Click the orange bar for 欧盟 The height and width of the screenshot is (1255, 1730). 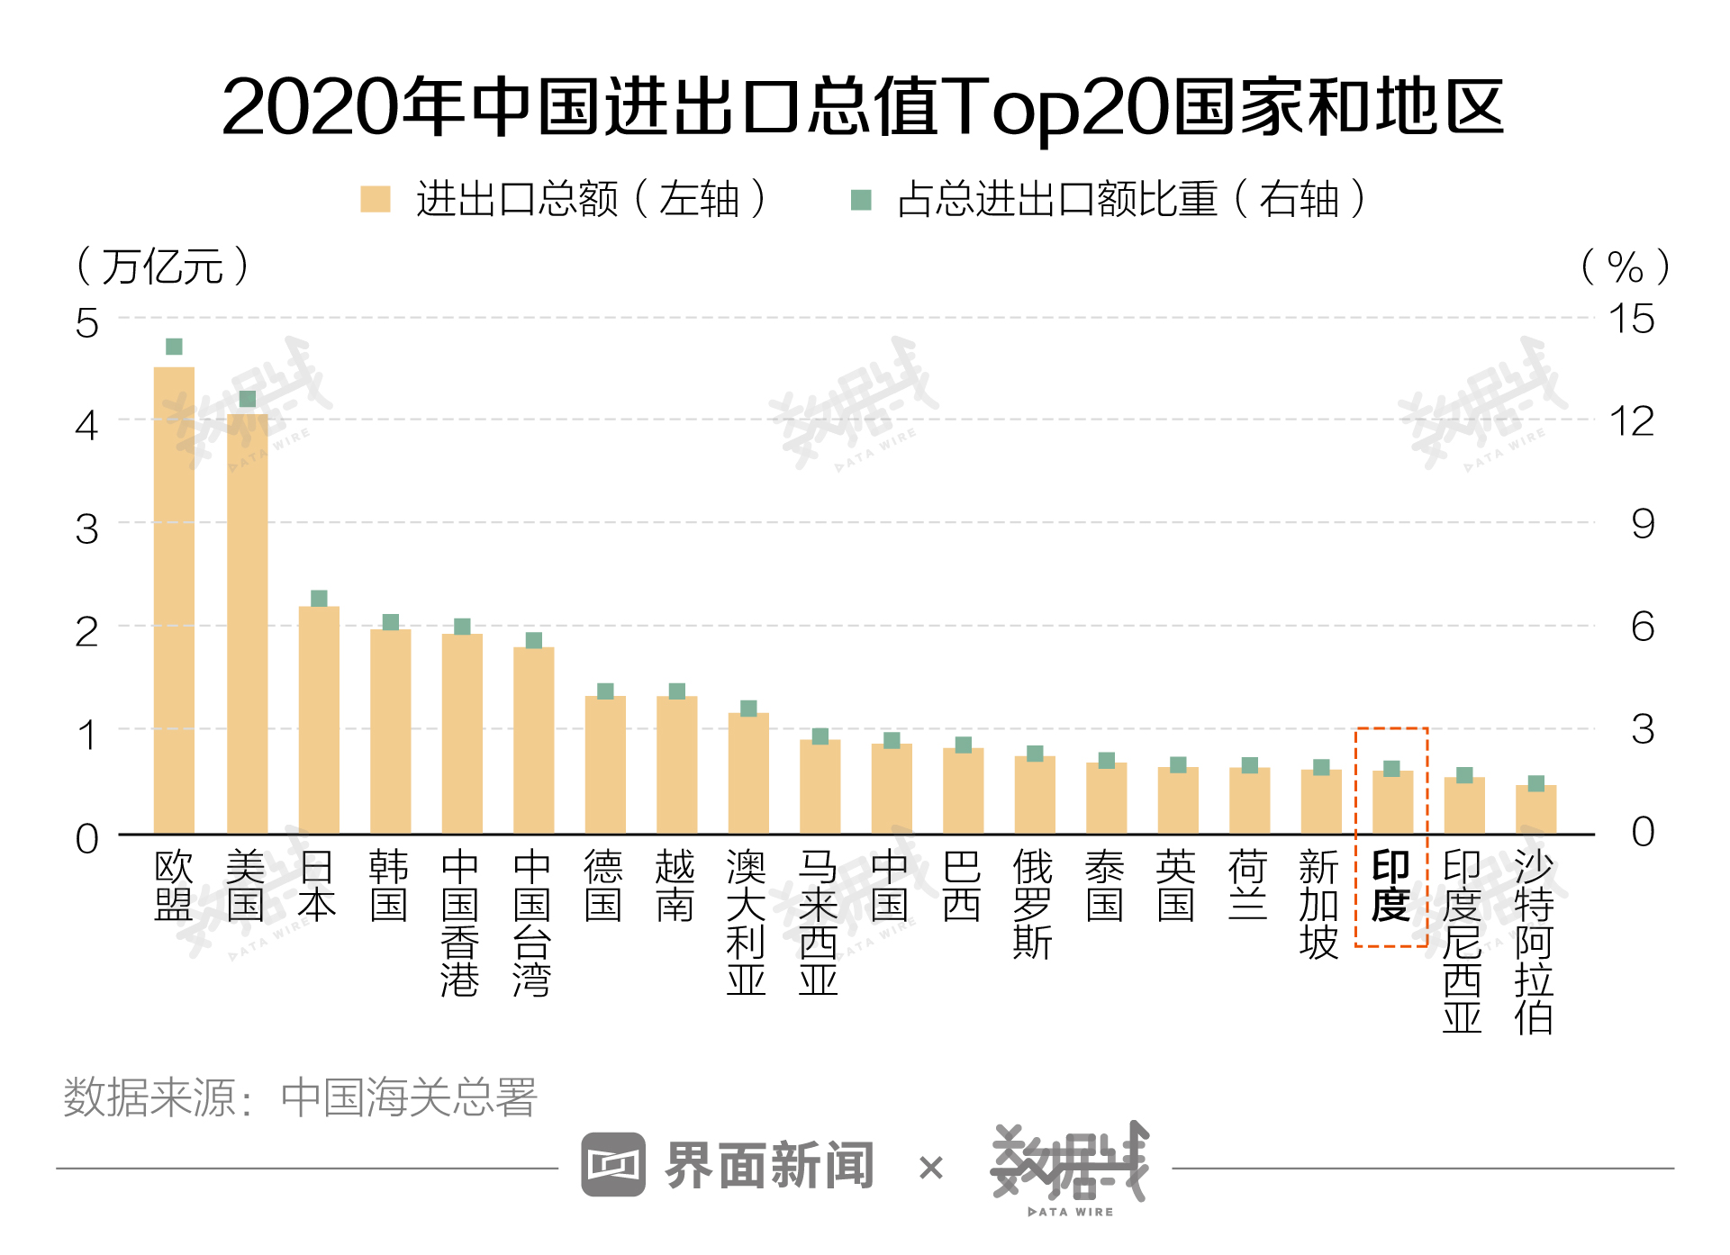click(x=174, y=600)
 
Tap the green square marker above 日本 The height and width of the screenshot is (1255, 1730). click(x=319, y=599)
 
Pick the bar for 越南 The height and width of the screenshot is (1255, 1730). click(x=676, y=764)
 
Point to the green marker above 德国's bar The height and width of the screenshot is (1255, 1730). click(x=605, y=691)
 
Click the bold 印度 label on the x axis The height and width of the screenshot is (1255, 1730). click(x=1390, y=886)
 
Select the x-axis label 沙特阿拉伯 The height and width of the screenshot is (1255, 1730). click(x=1534, y=942)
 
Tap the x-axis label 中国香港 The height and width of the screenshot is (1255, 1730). click(x=460, y=923)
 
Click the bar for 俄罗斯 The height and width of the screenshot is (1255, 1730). click(x=1035, y=794)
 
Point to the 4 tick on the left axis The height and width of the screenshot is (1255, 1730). click(x=86, y=425)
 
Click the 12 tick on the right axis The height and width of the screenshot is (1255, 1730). click(x=1632, y=421)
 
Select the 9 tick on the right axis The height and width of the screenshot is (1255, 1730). click(x=1643, y=524)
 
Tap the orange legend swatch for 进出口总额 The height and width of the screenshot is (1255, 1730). click(x=375, y=199)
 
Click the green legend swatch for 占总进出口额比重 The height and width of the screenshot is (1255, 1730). click(x=861, y=200)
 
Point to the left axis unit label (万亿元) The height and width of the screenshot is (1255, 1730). click(x=162, y=266)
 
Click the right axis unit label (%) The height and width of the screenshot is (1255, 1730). click(x=1626, y=267)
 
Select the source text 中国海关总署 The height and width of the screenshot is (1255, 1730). click(x=409, y=1097)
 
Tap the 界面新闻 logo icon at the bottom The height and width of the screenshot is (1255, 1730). click(x=613, y=1164)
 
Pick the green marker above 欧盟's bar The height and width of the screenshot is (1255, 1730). click(x=174, y=347)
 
